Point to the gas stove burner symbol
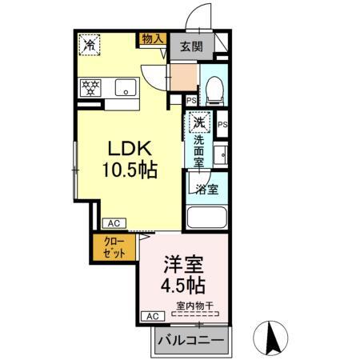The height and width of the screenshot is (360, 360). (89, 86)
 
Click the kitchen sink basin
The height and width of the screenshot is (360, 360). (125, 86)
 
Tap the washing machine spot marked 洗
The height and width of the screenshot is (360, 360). (199, 123)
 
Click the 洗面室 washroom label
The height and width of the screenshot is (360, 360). (199, 150)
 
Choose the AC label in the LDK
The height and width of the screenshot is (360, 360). (113, 223)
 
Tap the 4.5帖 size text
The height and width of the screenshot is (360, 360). (185, 286)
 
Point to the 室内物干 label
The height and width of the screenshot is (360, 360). (194, 305)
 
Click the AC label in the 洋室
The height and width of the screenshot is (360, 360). (150, 317)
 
